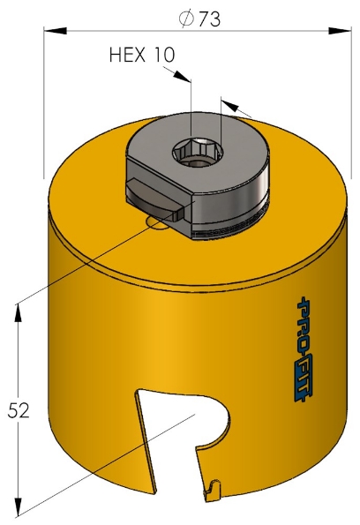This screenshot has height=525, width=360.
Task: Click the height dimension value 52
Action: click(19, 409)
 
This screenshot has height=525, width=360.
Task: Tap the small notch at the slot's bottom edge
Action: click(212, 484)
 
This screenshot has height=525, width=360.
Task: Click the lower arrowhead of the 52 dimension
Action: click(17, 509)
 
